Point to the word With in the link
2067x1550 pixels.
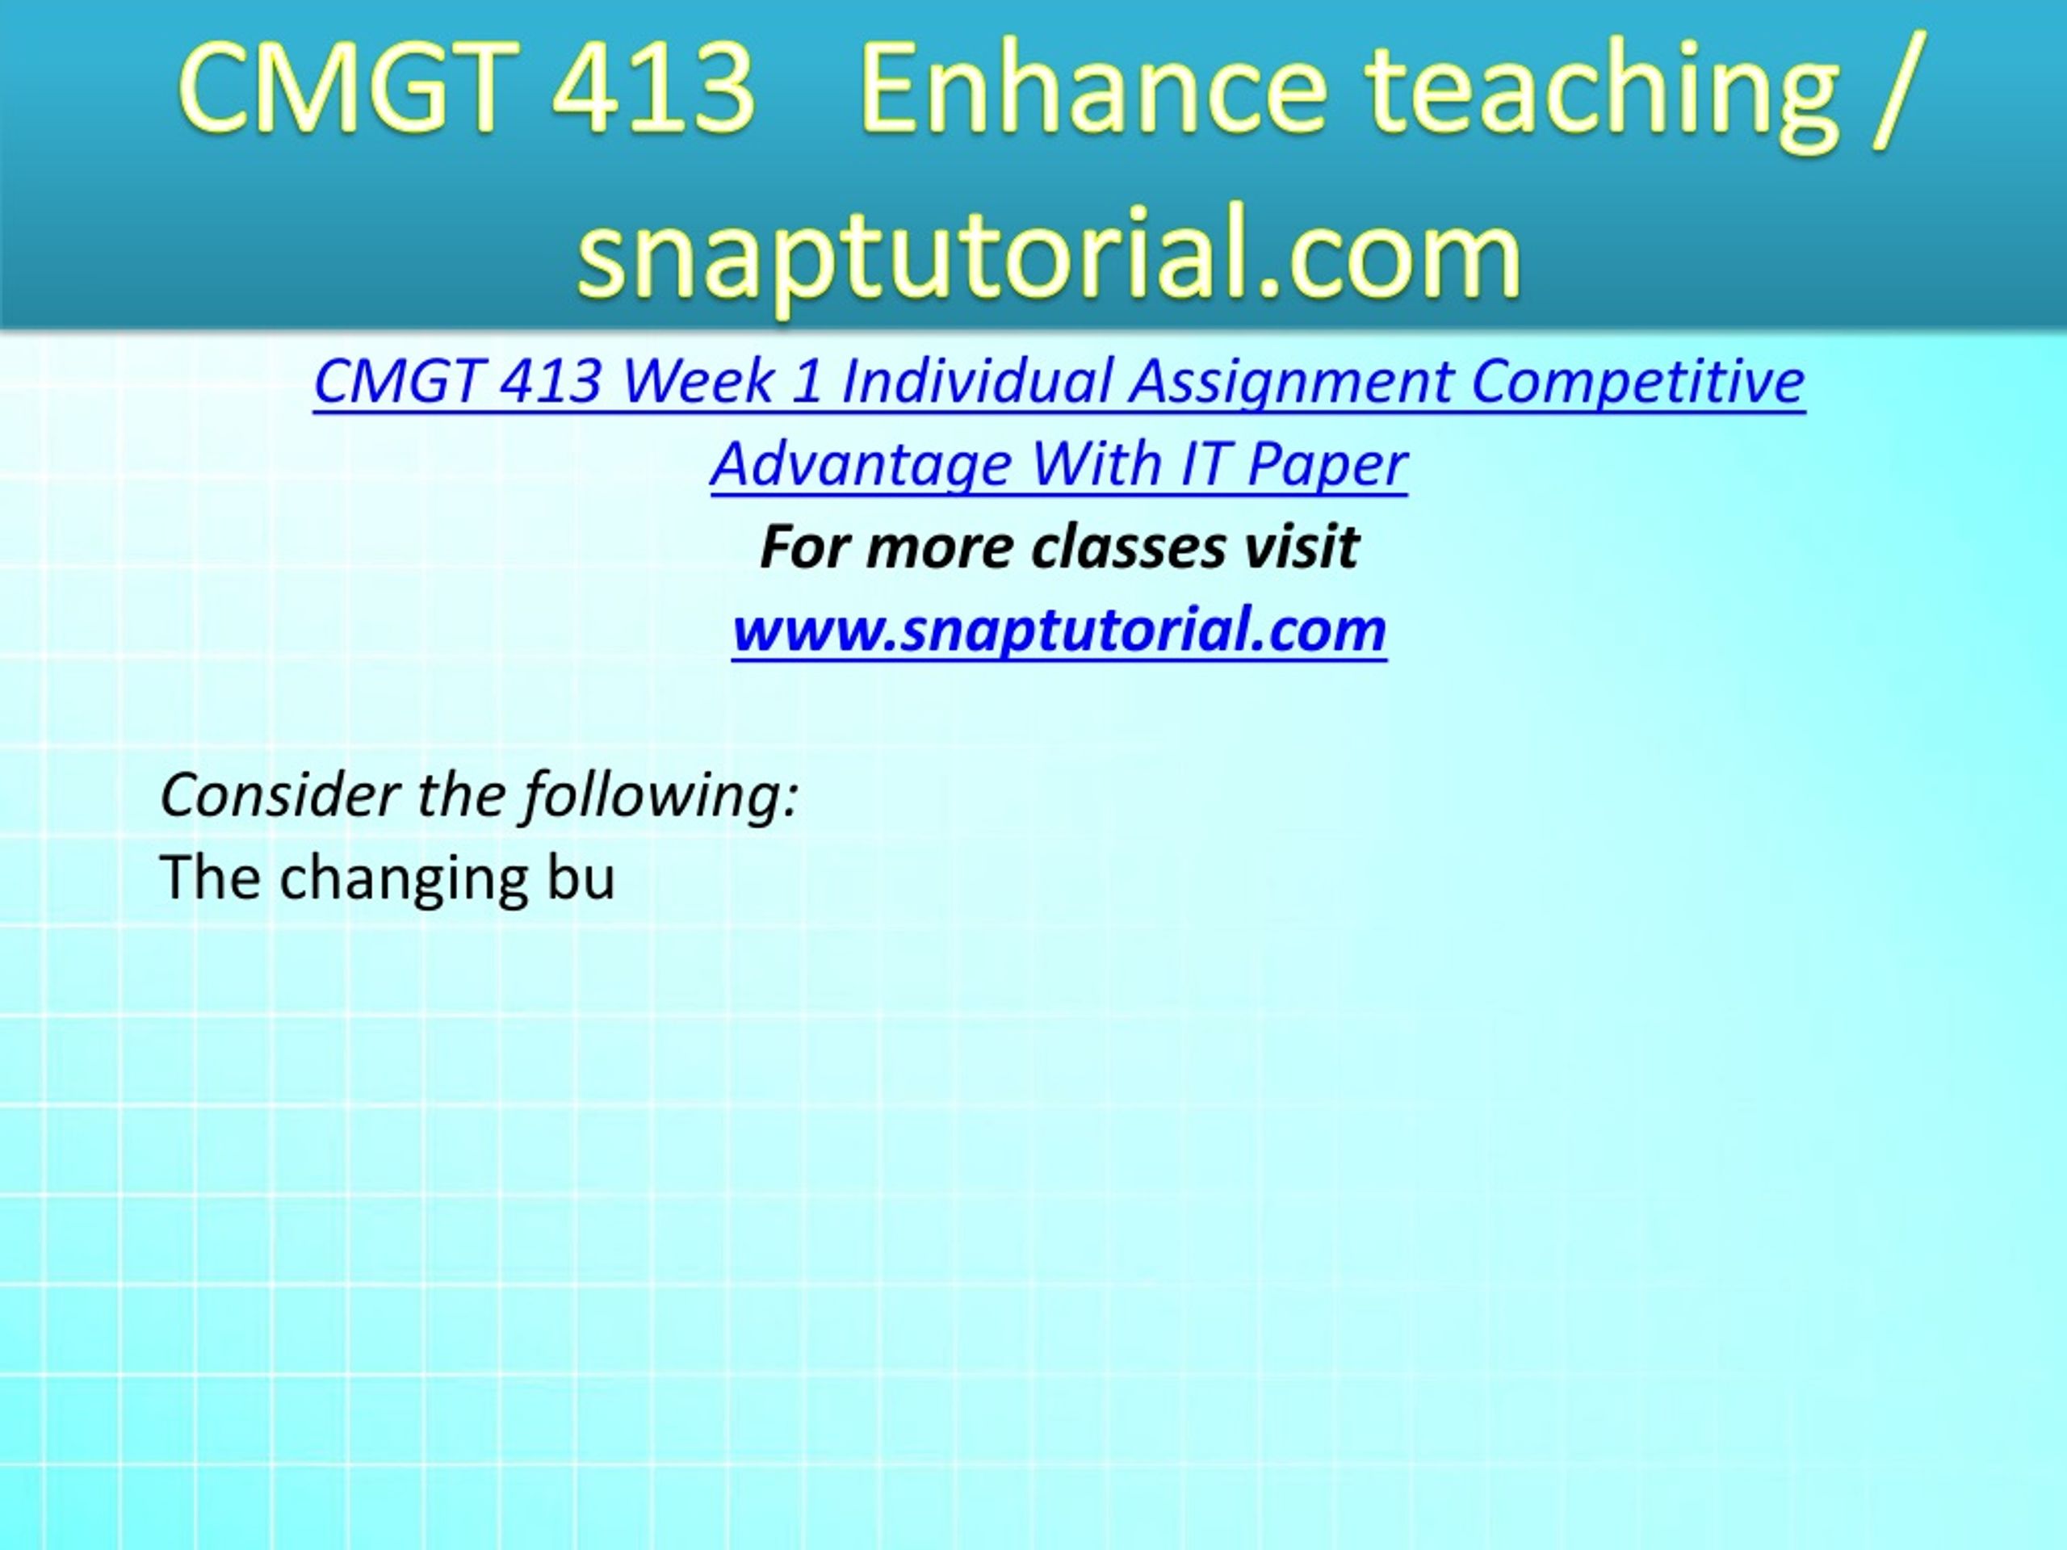pyautogui.click(x=1094, y=463)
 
